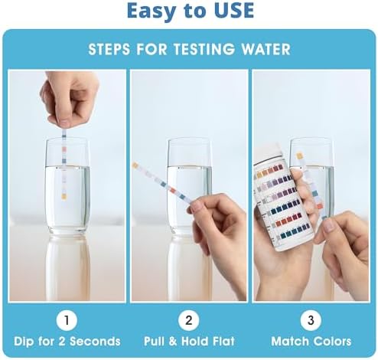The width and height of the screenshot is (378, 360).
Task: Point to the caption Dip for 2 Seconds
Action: (67, 341)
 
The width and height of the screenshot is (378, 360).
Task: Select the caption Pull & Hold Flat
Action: (189, 341)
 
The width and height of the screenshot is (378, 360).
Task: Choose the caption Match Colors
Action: (311, 341)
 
